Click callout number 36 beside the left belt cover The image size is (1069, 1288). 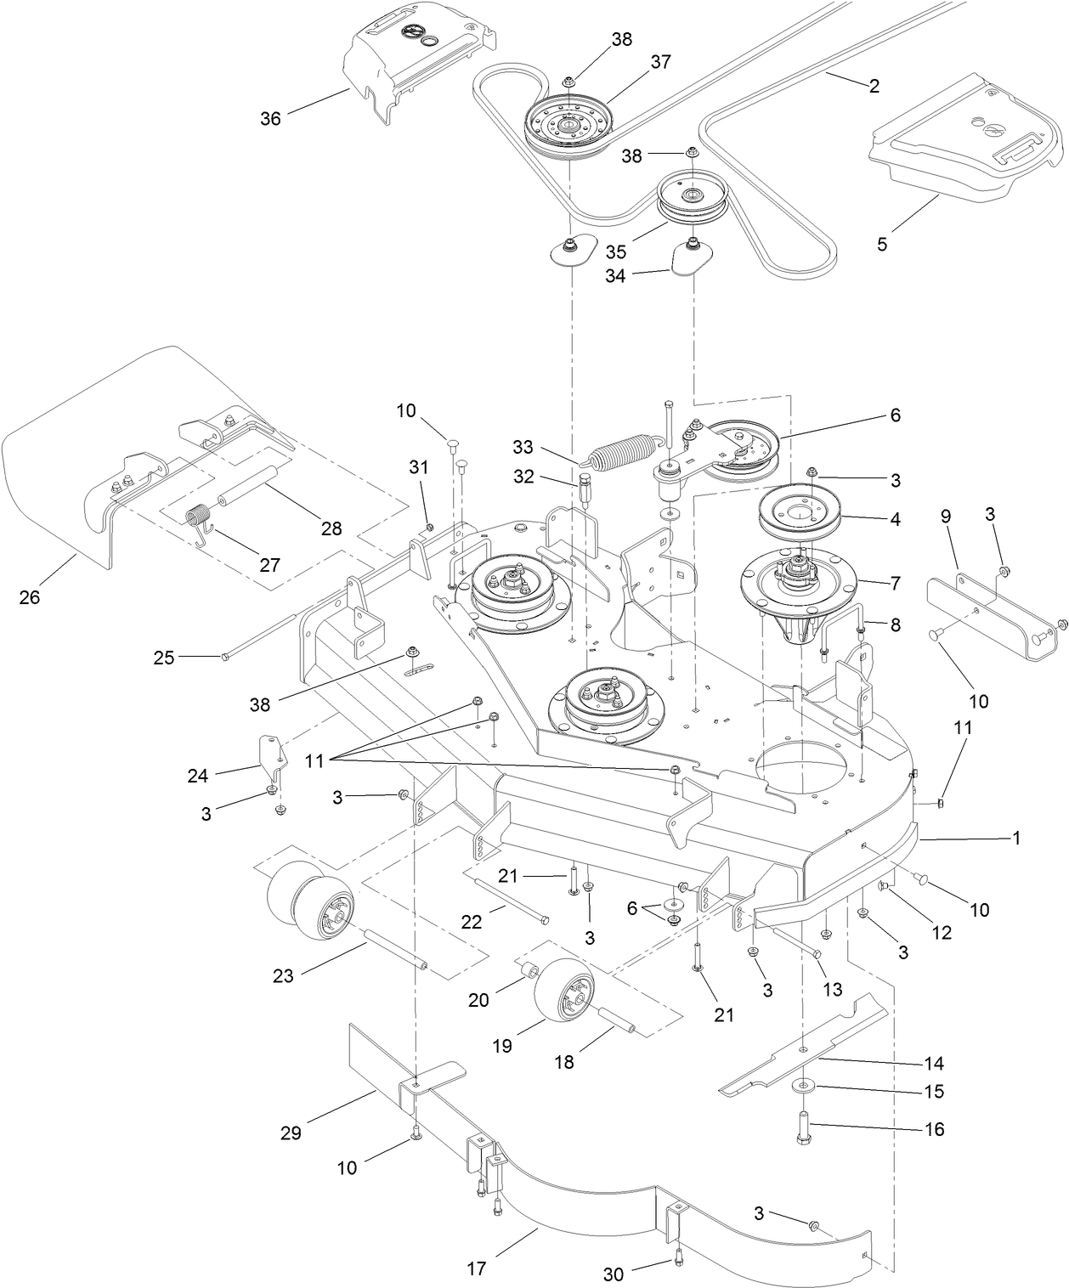[270, 119]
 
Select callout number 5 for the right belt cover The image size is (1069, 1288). [882, 244]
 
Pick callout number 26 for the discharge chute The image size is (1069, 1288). [30, 597]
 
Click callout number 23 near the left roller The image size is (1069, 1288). [283, 976]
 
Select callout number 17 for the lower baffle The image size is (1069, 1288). [477, 1268]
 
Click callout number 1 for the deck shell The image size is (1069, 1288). [1015, 838]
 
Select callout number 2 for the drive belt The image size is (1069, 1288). [874, 85]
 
